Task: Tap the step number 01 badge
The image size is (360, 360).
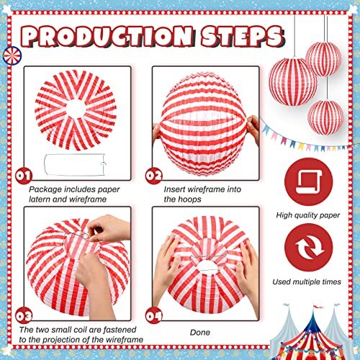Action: click(23, 175)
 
